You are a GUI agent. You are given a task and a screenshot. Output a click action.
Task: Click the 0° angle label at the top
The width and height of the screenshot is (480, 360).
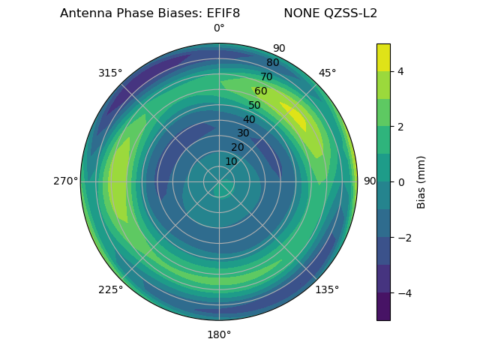pyautogui.click(x=219, y=28)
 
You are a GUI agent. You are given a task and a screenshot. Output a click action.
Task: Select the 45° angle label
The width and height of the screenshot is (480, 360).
pyautogui.click(x=327, y=73)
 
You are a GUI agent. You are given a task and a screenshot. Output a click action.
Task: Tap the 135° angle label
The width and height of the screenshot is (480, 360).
pyautogui.click(x=327, y=289)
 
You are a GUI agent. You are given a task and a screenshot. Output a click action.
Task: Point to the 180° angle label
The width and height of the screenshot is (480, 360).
pyautogui.click(x=219, y=334)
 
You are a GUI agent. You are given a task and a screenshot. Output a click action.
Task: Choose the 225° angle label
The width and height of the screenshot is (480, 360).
pyautogui.click(x=110, y=289)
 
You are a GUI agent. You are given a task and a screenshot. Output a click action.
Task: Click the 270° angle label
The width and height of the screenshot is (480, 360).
pyautogui.click(x=65, y=181)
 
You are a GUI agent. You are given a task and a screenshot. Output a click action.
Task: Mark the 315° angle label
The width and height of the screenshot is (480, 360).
pyautogui.click(x=110, y=73)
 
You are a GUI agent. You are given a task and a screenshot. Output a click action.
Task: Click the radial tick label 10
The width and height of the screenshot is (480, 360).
pyautogui.click(x=231, y=161)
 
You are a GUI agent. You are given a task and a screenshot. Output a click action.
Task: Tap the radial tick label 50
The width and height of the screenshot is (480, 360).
pyautogui.click(x=254, y=105)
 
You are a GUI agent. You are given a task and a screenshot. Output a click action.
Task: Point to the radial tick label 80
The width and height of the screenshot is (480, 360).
pyautogui.click(x=272, y=62)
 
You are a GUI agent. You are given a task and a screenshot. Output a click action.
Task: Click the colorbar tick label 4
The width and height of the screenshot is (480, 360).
pyautogui.click(x=401, y=71)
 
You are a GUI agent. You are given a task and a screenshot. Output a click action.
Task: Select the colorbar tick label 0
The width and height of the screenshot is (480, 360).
pyautogui.click(x=401, y=181)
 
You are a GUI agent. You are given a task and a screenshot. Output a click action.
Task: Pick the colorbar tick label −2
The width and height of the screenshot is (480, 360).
pyautogui.click(x=403, y=238)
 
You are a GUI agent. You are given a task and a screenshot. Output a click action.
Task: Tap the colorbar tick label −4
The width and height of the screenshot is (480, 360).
pyautogui.click(x=403, y=293)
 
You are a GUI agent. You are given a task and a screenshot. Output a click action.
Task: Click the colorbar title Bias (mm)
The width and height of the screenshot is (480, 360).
pyautogui.click(x=421, y=181)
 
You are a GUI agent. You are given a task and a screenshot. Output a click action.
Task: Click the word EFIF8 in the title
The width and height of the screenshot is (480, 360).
pyautogui.click(x=223, y=13)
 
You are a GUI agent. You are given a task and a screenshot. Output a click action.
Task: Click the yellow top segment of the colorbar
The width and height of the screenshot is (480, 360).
pyautogui.click(x=383, y=57)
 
